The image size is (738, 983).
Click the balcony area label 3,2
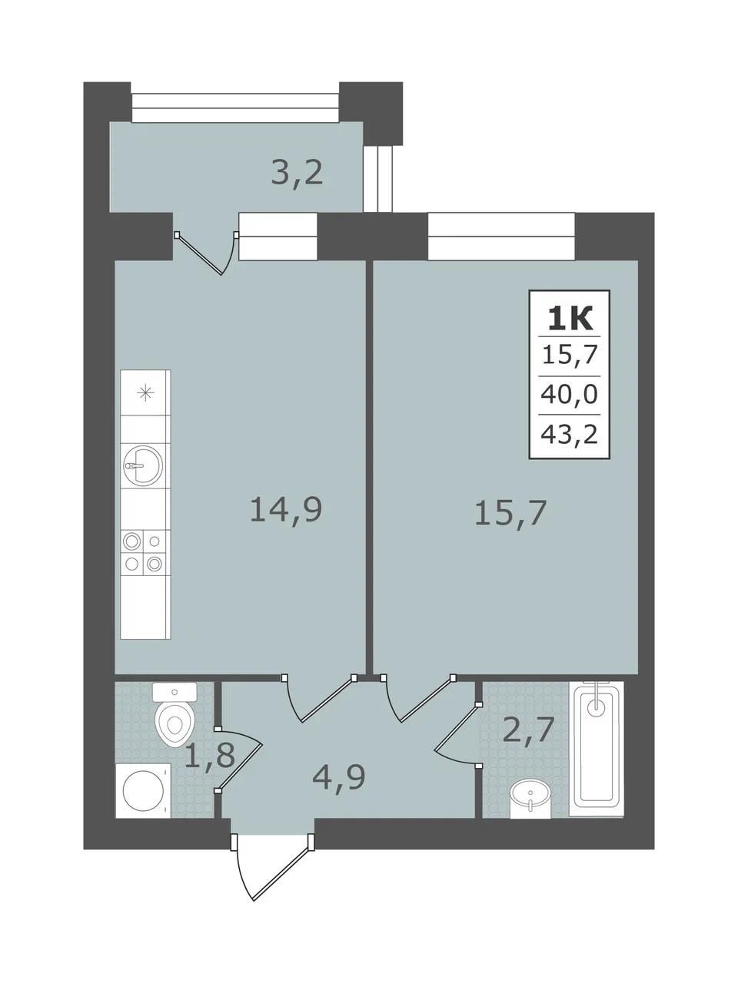tap(297, 174)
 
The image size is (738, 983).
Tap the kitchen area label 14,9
tap(286, 510)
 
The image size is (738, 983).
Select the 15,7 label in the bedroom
tap(510, 514)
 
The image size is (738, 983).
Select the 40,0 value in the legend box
tap(569, 395)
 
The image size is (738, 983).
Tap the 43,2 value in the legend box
tap(569, 433)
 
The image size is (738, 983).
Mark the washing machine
tap(144, 790)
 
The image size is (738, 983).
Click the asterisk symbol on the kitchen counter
tap(145, 393)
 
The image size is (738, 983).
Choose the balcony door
tap(207, 253)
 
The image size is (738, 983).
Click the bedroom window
tap(501, 236)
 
